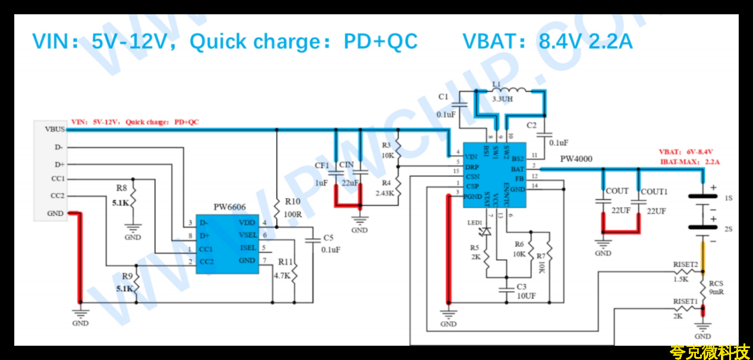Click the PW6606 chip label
pos(229,207)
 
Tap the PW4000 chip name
pos(576,159)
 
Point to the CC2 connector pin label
pos(58,196)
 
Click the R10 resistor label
pos(293,201)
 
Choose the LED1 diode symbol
pos(487,231)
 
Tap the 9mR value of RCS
pos(716,292)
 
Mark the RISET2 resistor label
pos(685,264)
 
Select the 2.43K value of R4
pos(384,193)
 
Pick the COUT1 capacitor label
pos(654,192)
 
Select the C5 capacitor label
pos(329,238)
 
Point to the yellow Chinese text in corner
pos(709,352)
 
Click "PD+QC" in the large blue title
pos(380,42)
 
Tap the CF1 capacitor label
pos(322,165)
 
